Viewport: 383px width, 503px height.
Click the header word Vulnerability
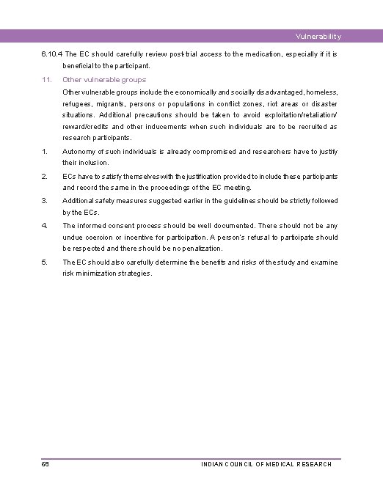click(318, 37)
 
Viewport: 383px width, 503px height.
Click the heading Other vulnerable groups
click(104, 79)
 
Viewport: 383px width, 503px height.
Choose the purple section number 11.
click(45, 79)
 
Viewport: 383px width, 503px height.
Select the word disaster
click(322, 103)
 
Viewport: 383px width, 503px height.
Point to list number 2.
click(44, 176)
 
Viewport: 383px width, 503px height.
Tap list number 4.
click(45, 225)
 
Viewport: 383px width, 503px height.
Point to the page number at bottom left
click(45, 464)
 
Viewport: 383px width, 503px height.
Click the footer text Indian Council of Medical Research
click(266, 464)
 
